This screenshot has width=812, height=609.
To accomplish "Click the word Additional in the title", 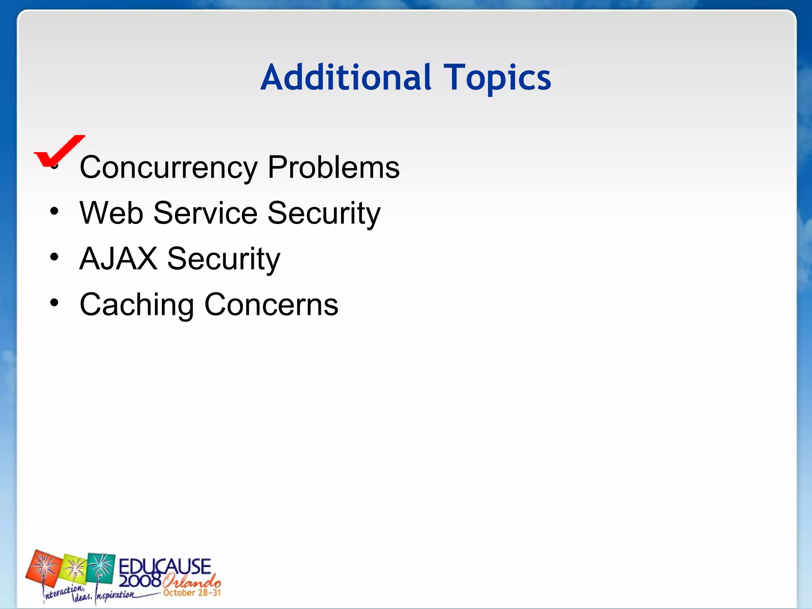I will pos(346,77).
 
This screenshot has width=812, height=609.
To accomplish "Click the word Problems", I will pos(333,167).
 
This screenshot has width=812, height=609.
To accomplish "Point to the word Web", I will pos(111,213).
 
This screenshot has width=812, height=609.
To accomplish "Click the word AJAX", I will pos(118,259).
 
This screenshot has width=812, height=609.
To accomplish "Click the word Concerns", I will pos(271,304).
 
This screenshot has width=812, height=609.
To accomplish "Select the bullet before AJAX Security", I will pos(54,257).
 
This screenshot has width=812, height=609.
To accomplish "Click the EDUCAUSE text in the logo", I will pos(165,566).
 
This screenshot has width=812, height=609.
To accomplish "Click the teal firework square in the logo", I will pos(101,568).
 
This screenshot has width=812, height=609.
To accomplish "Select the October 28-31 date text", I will pos(192,593).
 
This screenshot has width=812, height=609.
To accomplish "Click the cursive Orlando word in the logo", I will pos(191,581).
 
